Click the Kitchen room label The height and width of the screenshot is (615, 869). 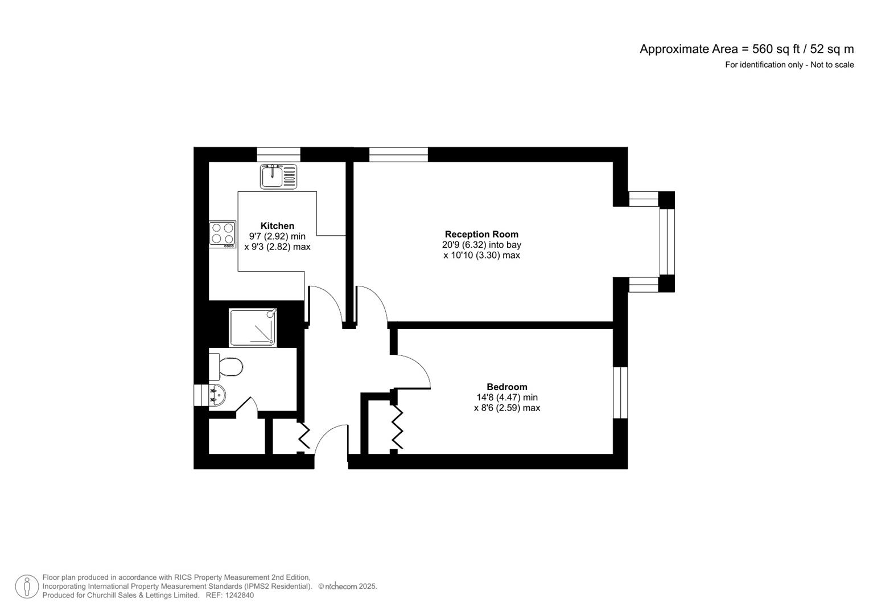277,226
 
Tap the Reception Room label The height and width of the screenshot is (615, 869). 481,234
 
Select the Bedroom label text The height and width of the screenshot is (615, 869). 506,387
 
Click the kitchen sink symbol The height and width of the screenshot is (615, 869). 278,176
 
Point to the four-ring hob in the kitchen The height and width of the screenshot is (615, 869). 223,234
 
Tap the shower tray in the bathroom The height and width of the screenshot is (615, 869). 253,327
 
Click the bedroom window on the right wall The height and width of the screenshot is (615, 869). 620,392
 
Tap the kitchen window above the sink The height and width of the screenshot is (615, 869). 278,154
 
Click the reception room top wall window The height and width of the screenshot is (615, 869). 398,154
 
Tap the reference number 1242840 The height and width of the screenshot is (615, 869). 240,596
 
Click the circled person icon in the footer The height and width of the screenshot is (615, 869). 27,587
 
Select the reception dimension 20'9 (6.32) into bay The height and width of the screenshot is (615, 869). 481,245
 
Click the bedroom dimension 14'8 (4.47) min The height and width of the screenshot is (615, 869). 506,397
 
